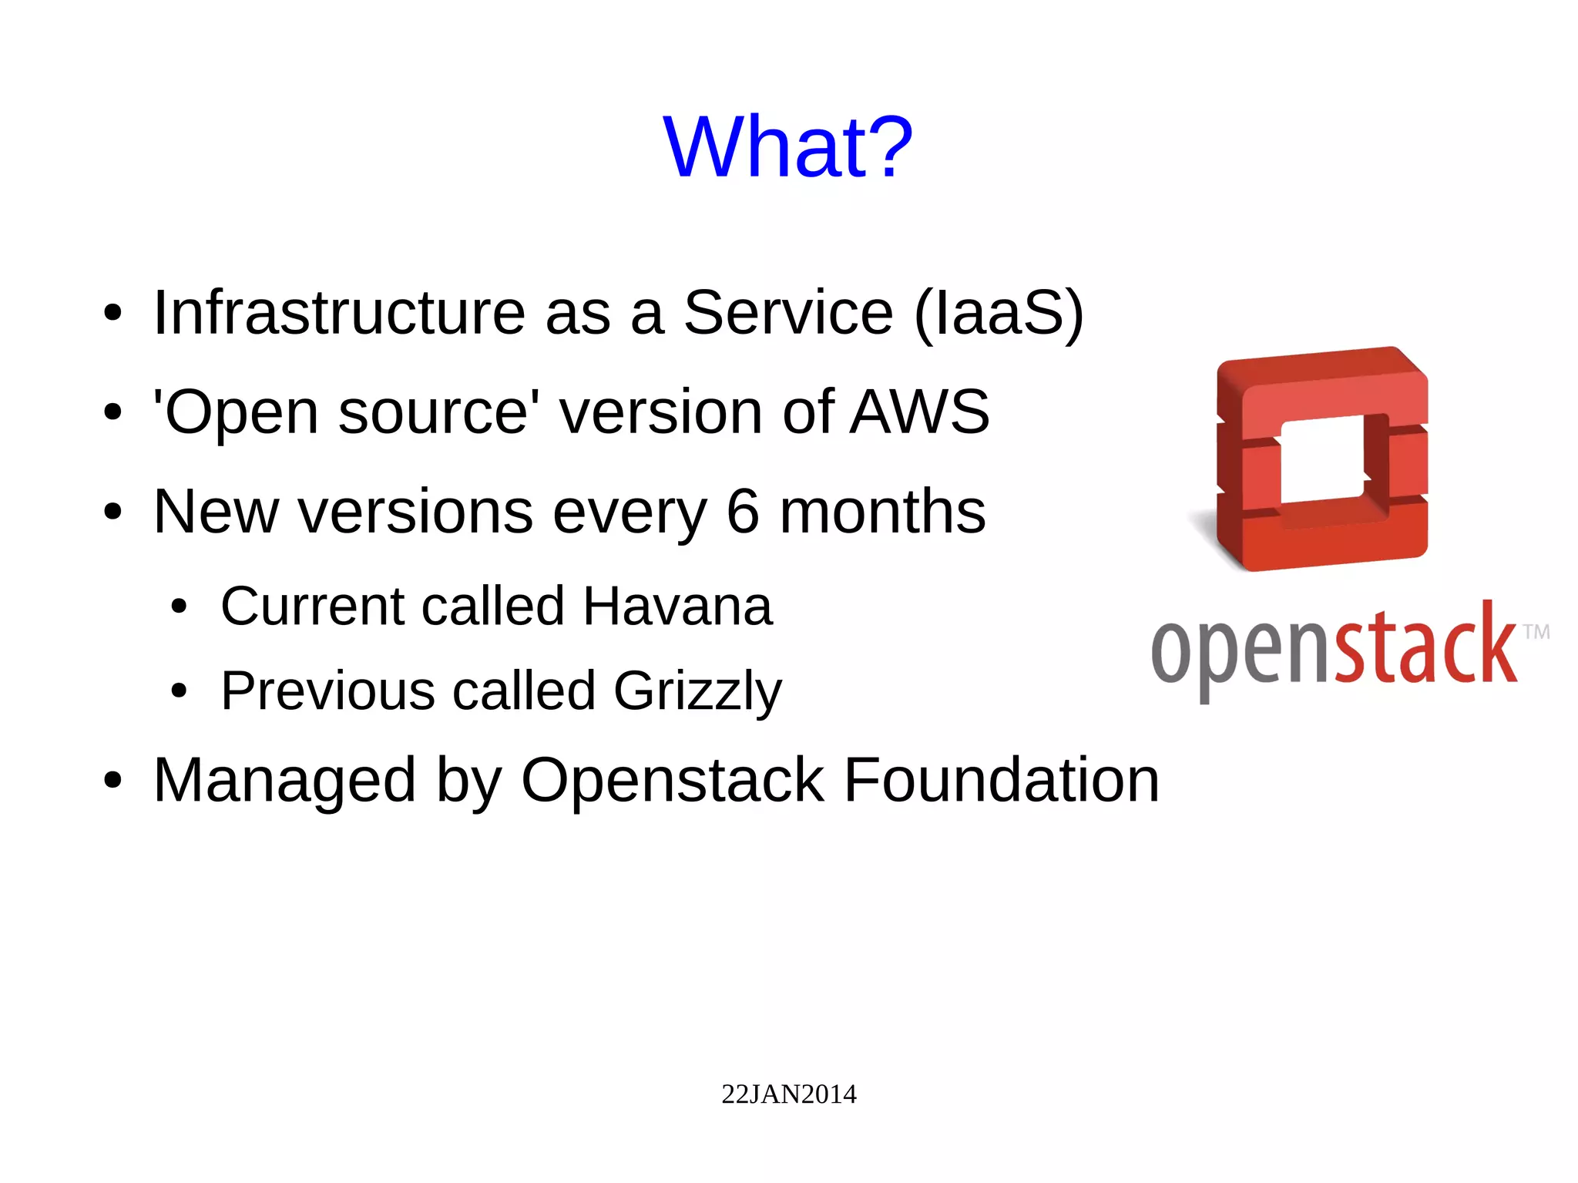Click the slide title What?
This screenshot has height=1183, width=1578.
click(x=787, y=146)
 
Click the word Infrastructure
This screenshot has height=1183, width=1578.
click(x=339, y=312)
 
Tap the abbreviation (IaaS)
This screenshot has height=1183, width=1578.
click(x=999, y=312)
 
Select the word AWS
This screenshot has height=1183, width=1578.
click(x=919, y=412)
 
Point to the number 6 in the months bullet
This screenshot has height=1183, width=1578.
click(x=743, y=511)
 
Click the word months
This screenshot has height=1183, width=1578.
click(x=882, y=511)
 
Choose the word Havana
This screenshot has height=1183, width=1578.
click(x=677, y=606)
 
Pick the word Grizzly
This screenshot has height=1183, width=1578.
click(x=697, y=691)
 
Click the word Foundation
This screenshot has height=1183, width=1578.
click(x=1001, y=780)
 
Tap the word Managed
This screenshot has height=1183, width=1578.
click(x=284, y=780)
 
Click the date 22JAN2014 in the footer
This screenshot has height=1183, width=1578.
click(x=788, y=1094)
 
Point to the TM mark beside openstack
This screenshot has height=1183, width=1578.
click(x=1536, y=632)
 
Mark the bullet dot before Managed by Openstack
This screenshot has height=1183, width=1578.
click(x=112, y=781)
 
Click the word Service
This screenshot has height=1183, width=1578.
click(x=787, y=312)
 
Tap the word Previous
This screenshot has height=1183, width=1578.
click(x=327, y=691)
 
